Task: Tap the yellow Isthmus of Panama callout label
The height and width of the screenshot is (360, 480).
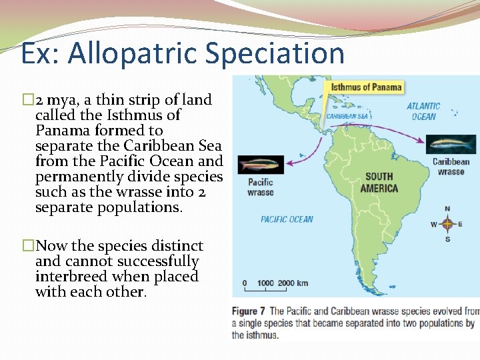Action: coord(366,87)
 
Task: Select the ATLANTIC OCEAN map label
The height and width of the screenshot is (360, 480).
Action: coord(423,111)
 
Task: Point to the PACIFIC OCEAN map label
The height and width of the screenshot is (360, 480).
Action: coord(287,219)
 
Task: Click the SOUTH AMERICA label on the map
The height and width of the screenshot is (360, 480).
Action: coord(379,183)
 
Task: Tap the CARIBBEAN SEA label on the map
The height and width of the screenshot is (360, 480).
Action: coord(347,116)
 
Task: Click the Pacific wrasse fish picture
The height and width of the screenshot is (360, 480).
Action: coord(261,165)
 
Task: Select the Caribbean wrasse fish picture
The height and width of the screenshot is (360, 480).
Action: coord(451,144)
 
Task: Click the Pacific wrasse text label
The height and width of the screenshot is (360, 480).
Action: coord(260,187)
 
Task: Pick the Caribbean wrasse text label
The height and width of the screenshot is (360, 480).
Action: coord(451,167)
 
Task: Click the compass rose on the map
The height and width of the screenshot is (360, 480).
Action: coord(447,224)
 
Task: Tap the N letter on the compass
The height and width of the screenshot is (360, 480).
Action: coord(447,209)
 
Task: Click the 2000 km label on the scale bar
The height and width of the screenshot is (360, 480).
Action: coord(293,283)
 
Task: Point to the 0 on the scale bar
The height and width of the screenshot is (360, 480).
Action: coord(245,283)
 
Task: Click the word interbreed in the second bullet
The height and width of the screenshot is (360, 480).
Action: coord(72,277)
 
